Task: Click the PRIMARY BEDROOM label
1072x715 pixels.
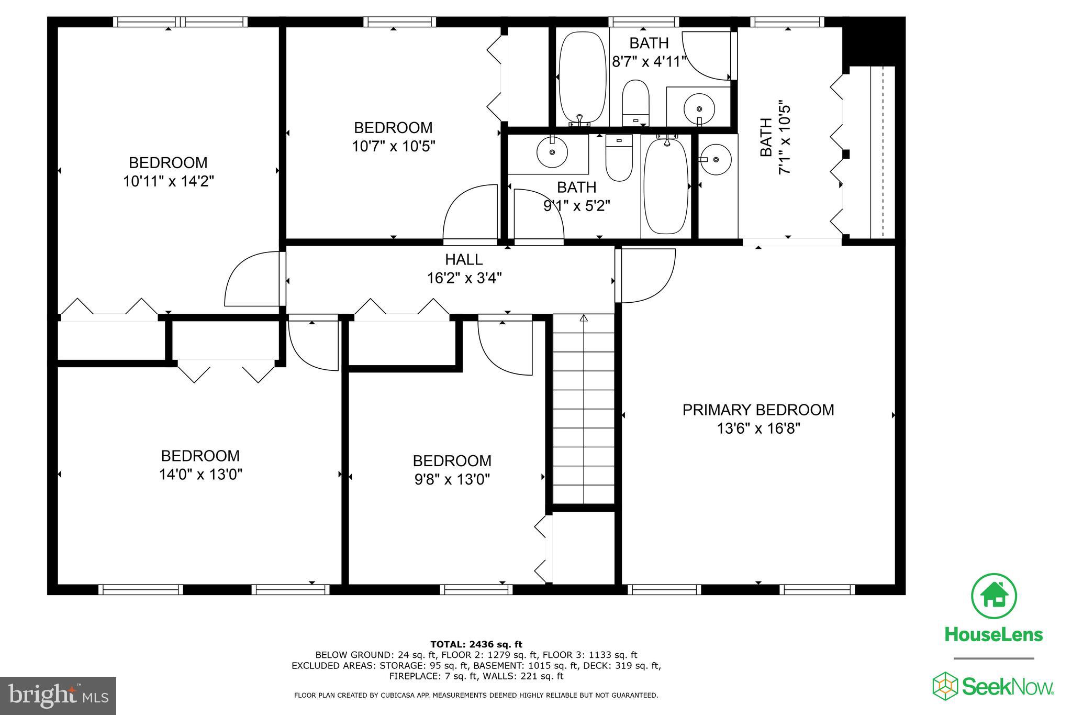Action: tap(758, 410)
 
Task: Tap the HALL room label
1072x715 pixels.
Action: tap(464, 259)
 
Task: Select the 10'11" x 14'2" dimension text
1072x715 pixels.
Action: tap(169, 181)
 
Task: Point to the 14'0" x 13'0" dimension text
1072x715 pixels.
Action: tap(200, 475)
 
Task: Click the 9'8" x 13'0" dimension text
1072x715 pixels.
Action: tap(452, 480)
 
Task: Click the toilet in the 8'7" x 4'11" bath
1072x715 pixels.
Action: tap(635, 103)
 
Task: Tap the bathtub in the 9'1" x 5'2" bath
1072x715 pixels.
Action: tap(666, 185)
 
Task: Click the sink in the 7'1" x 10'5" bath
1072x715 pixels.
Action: tap(716, 159)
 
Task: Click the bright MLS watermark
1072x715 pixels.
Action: tap(59, 695)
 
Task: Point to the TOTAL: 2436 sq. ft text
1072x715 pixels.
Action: tap(476, 644)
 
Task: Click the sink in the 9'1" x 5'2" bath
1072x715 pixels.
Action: tap(552, 152)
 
